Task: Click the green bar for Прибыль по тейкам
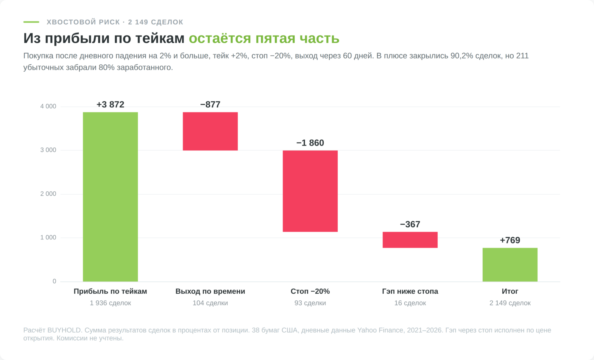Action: [110, 197]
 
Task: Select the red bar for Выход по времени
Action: [210, 131]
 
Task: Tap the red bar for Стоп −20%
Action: [310, 191]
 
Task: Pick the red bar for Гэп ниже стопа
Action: [410, 240]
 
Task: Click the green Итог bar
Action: [510, 265]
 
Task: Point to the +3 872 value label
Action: [110, 104]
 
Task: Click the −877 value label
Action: [210, 104]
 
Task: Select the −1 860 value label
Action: [310, 143]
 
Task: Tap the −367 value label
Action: [410, 224]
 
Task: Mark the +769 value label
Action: [510, 240]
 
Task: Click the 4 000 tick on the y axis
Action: [48, 106]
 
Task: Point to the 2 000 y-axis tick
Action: [48, 194]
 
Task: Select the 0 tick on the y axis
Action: [54, 281]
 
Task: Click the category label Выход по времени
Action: [210, 291]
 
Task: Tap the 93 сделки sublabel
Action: [310, 303]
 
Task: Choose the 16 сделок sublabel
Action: [410, 303]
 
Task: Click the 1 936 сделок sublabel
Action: [110, 303]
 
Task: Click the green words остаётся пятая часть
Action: [264, 38]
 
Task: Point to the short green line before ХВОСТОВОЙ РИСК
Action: [31, 22]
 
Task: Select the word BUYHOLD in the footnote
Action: [64, 330]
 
